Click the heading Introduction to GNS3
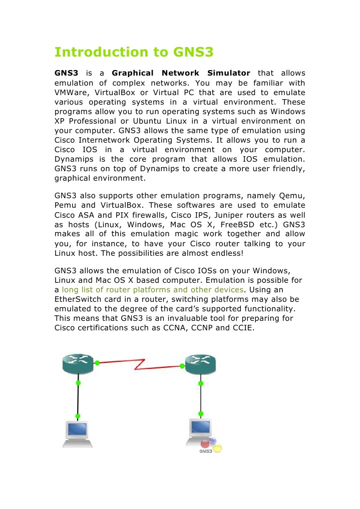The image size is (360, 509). pos(134,52)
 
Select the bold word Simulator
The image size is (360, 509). pos(228,73)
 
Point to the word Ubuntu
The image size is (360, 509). pos(151,122)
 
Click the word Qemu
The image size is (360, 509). pos(292,196)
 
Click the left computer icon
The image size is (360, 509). pos(77,434)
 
